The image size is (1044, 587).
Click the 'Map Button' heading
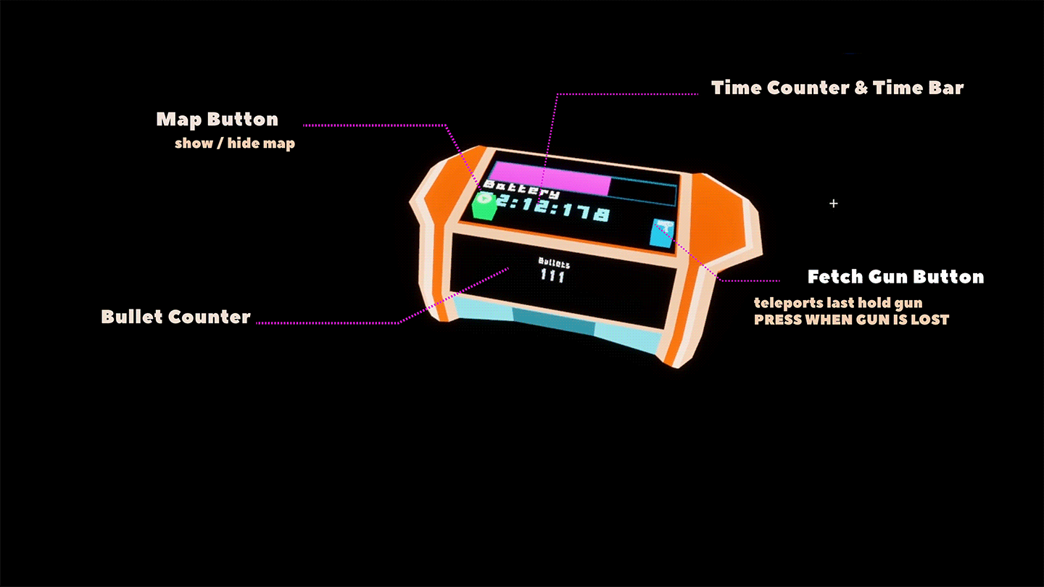point(217,120)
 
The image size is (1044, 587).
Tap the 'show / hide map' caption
point(234,143)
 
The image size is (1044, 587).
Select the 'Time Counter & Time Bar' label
point(837,88)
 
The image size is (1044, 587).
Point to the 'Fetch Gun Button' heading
point(895,277)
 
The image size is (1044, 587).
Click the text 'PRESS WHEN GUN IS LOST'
point(851,320)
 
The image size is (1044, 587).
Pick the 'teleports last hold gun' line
point(837,302)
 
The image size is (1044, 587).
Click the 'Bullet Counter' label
point(175,317)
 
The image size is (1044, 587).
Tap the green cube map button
point(484,206)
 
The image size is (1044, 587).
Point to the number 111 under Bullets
point(553,275)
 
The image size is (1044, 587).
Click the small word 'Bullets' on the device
point(554,263)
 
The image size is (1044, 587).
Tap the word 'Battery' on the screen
point(521,190)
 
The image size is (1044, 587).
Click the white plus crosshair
point(833,204)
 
